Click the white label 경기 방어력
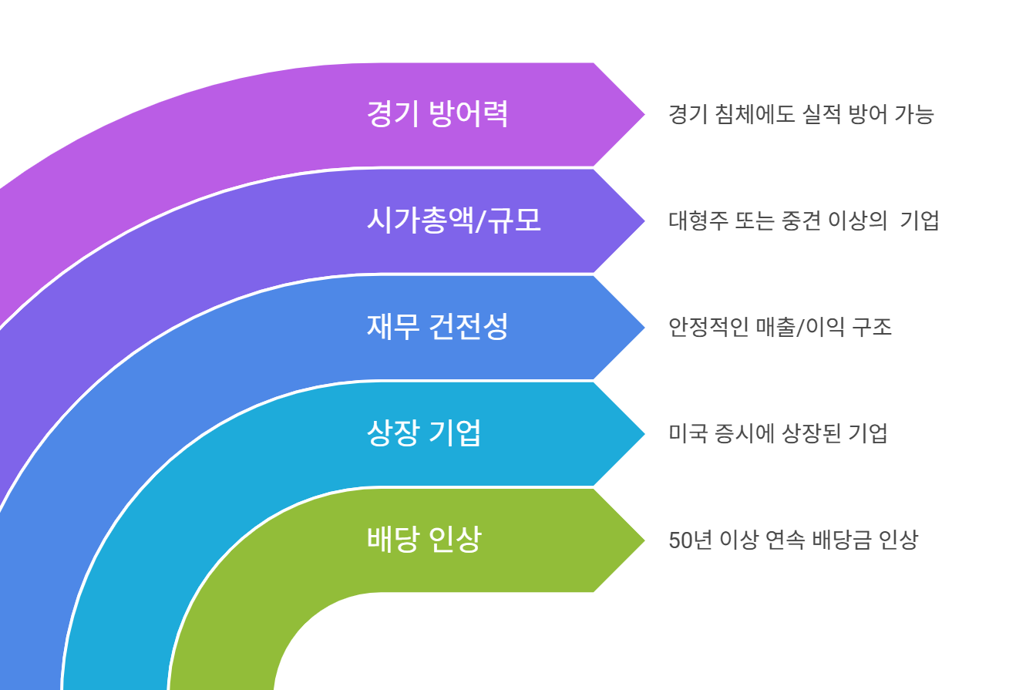tap(437, 114)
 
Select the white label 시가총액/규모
tap(453, 221)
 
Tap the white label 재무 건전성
tap(437, 328)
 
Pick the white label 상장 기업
tap(424, 433)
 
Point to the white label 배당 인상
tap(424, 539)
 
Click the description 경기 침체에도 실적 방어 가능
tap(801, 115)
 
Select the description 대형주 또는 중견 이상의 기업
tap(803, 221)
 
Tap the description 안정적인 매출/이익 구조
tap(780, 328)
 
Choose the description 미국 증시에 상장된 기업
tap(778, 433)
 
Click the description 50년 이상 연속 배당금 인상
tap(793, 540)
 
